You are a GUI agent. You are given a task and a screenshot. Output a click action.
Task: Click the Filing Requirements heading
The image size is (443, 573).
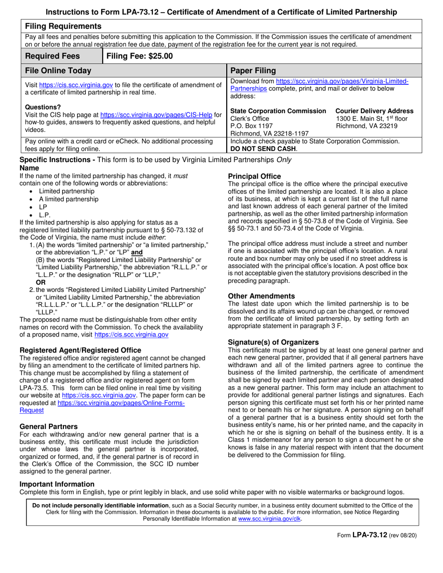63,26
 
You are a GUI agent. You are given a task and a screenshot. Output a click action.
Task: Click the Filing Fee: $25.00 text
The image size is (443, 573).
139,56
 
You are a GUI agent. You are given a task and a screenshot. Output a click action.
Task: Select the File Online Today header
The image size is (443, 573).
58,71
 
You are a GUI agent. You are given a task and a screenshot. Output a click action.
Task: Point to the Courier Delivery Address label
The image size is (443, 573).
374,111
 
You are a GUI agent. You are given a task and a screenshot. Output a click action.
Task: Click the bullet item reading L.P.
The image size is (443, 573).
45,215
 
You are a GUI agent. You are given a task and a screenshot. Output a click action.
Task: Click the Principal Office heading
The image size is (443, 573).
255,176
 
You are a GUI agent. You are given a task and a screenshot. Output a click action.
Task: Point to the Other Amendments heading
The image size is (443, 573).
261,296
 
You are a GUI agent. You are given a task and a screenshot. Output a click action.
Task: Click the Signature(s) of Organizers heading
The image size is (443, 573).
273,342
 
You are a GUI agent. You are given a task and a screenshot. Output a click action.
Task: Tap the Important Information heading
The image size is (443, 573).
57,484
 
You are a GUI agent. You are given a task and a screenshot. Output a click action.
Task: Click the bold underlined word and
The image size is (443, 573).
137,252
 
